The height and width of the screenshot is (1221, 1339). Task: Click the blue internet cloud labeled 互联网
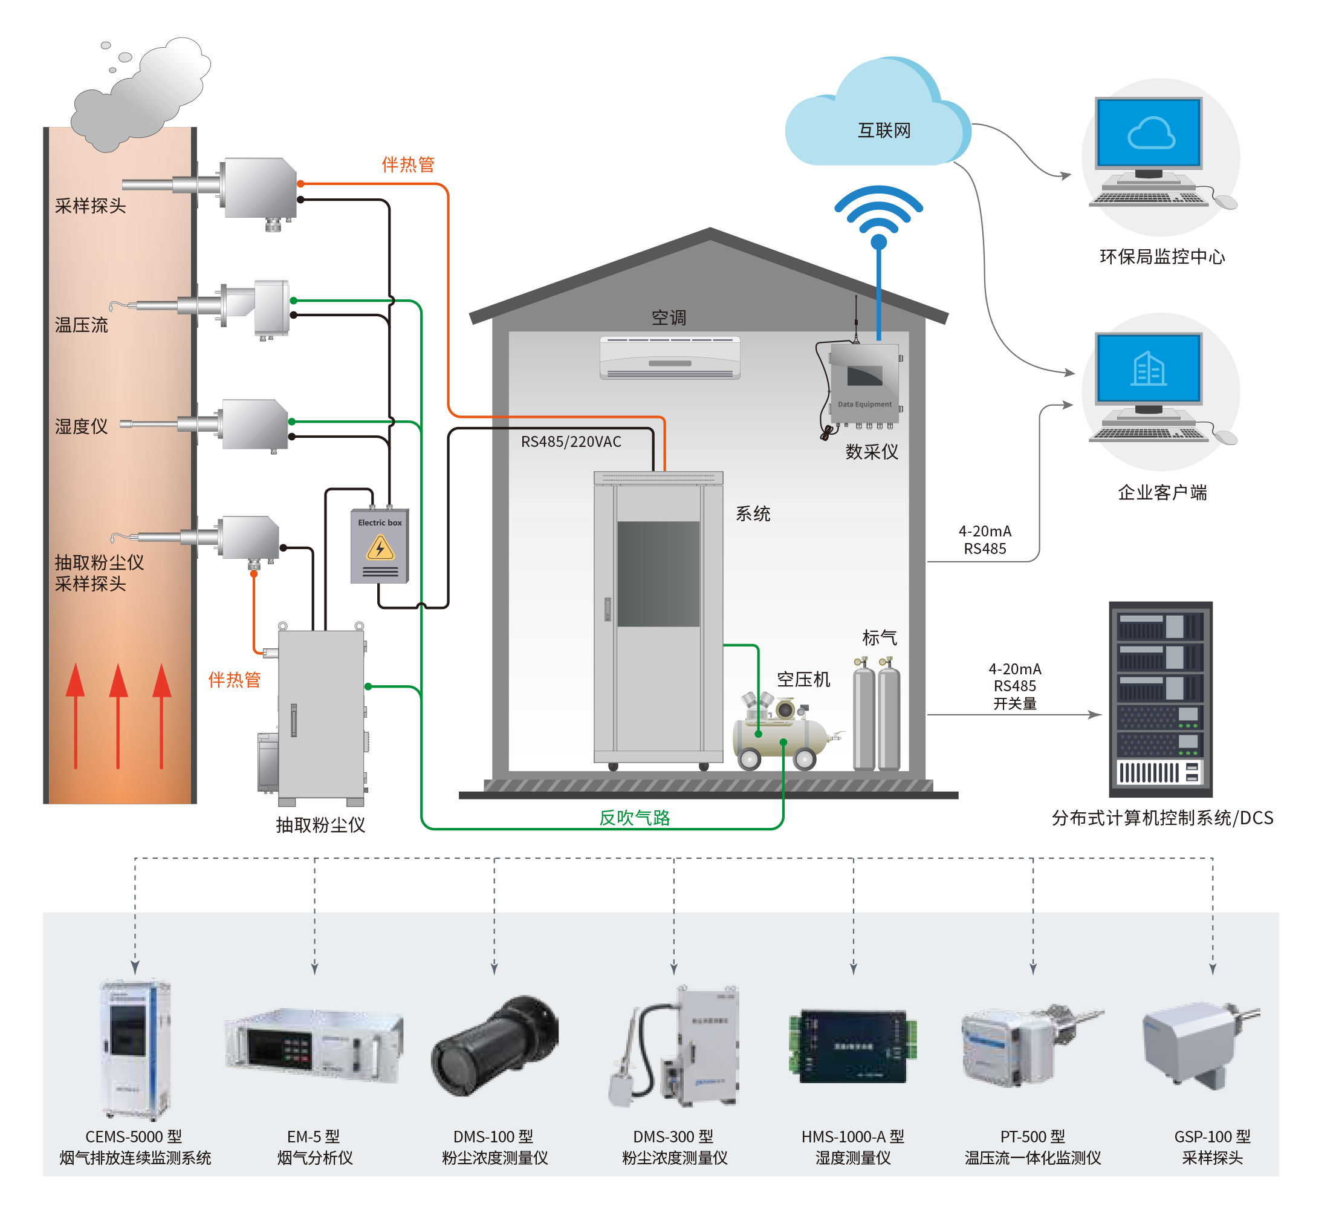click(x=877, y=120)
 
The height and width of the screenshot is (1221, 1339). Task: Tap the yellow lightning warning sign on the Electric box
click(x=380, y=549)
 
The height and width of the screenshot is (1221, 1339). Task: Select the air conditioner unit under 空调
click(x=670, y=358)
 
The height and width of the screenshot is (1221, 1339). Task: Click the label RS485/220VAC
click(x=571, y=441)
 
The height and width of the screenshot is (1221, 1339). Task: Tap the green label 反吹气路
click(x=634, y=818)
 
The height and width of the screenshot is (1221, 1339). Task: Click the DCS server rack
click(x=1160, y=699)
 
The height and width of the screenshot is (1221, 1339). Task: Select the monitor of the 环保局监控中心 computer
click(x=1149, y=133)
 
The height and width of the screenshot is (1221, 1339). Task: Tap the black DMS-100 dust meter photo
click(x=495, y=1046)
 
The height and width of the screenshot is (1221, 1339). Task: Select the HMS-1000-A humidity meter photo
click(x=853, y=1046)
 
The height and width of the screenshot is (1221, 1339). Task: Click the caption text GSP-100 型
click(x=1212, y=1136)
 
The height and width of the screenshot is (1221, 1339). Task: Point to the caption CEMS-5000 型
click(x=134, y=1136)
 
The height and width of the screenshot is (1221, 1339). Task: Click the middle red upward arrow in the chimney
click(x=118, y=714)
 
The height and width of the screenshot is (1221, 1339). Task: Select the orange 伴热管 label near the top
click(x=408, y=164)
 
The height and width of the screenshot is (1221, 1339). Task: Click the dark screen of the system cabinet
click(x=658, y=573)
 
